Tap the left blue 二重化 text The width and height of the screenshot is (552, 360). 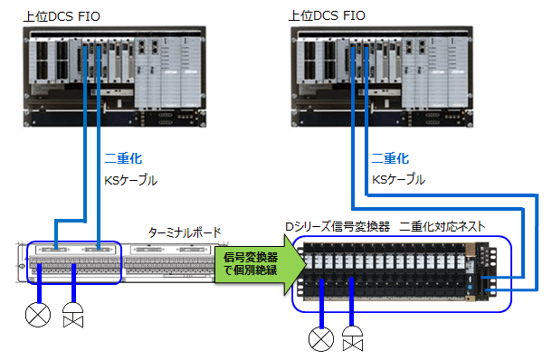123,157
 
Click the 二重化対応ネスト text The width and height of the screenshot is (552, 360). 446,226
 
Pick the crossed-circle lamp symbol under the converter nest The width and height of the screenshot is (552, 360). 321,339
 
